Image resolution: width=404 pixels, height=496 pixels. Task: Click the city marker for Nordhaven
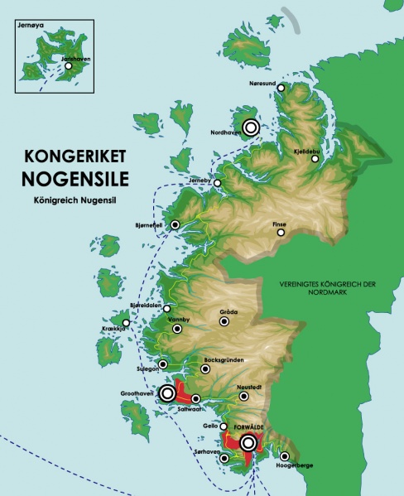tap(250, 128)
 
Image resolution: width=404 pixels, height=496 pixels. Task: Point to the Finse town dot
tap(281, 233)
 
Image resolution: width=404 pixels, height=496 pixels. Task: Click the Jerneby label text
tap(201, 177)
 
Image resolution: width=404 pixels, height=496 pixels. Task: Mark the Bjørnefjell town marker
tap(175, 224)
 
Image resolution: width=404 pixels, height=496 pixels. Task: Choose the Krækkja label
tap(112, 329)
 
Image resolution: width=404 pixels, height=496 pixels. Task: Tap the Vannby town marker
tap(177, 329)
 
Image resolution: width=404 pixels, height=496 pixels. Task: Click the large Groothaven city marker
tap(167, 392)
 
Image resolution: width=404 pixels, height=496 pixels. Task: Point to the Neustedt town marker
tap(243, 397)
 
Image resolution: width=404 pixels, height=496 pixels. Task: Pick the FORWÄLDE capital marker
tap(248, 444)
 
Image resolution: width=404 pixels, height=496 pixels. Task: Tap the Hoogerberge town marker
tap(285, 456)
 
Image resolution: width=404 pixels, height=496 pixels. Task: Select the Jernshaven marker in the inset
tap(57, 66)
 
